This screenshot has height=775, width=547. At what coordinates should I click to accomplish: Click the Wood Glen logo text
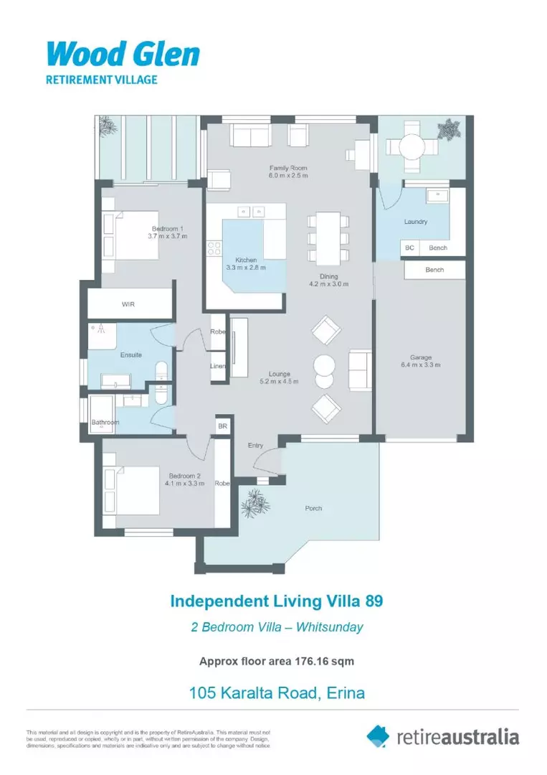(x=123, y=55)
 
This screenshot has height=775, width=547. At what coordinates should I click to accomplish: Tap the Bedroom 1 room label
(x=168, y=228)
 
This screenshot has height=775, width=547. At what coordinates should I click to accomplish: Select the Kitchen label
(x=246, y=260)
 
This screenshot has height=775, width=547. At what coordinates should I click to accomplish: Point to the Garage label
(x=420, y=357)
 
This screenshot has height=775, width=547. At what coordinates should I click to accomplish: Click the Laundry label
(x=415, y=222)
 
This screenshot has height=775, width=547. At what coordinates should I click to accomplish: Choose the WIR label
(x=128, y=304)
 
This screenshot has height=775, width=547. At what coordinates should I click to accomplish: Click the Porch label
(x=313, y=508)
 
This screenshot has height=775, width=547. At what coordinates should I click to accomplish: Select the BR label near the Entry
(x=222, y=426)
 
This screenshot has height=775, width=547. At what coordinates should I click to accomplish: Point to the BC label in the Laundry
(x=409, y=248)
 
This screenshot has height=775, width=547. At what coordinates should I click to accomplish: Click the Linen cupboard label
(x=218, y=366)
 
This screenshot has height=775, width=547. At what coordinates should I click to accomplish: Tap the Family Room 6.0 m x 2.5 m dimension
(x=288, y=175)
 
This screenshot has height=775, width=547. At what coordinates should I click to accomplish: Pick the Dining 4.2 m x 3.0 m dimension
(x=328, y=283)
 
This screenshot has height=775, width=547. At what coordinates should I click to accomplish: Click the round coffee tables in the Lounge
(x=324, y=367)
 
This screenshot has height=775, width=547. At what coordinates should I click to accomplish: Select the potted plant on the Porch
(x=255, y=503)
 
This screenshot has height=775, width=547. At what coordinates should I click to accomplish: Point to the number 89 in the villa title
(x=370, y=601)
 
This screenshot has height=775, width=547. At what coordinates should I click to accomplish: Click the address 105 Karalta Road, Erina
(x=277, y=692)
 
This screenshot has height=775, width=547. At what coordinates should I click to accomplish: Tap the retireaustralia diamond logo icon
(x=378, y=736)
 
